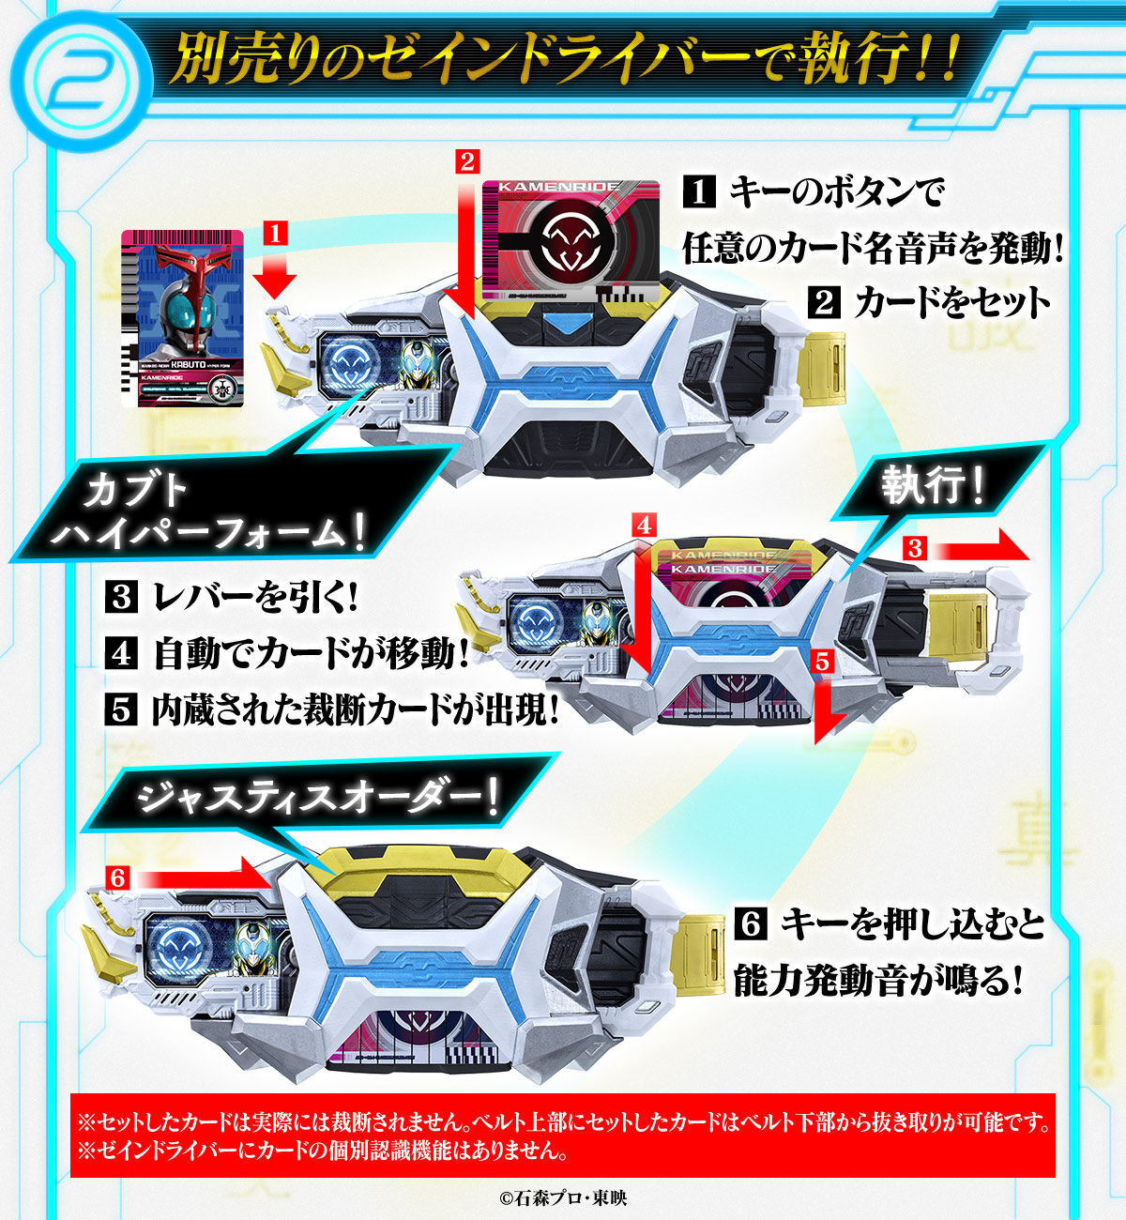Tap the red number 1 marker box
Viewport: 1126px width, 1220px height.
tap(275, 234)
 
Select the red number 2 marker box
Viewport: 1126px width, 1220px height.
tap(467, 161)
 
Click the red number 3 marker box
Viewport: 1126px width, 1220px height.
tap(915, 547)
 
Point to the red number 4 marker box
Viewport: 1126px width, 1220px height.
tap(644, 526)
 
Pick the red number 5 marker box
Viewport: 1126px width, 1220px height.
tap(823, 663)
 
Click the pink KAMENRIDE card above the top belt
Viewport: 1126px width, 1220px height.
tap(571, 239)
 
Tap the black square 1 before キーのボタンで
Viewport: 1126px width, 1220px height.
tap(699, 191)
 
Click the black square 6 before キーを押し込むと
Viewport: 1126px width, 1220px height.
tap(751, 924)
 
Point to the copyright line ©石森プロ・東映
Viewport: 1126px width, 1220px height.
tap(563, 1197)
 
